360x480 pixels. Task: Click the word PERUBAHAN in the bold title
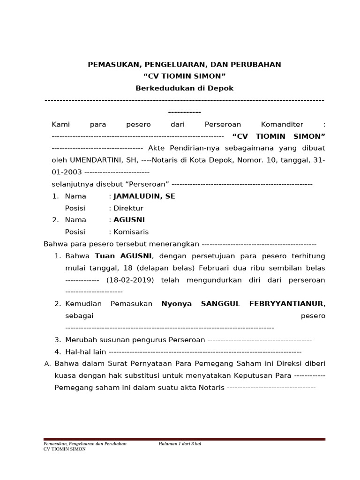(x=255, y=65)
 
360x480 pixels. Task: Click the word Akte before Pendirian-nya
(x=157, y=148)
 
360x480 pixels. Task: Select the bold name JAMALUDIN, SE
(x=144, y=196)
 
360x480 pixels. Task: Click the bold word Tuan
(x=105, y=256)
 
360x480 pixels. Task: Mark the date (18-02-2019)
(x=131, y=280)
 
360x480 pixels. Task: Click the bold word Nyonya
(x=176, y=304)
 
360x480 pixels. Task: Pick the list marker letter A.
(x=46, y=364)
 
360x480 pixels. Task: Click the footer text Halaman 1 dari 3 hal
(x=180, y=443)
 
